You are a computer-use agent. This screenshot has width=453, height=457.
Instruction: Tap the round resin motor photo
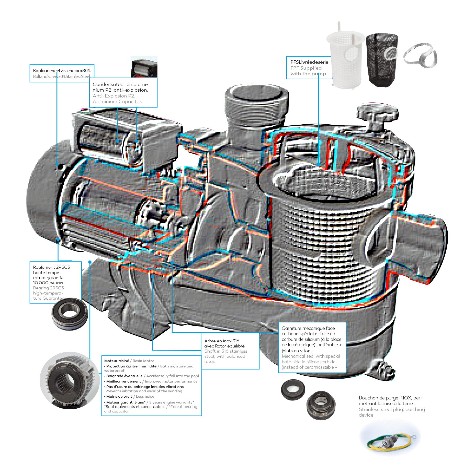tap(70, 380)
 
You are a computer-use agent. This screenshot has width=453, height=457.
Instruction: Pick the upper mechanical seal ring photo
tap(293, 389)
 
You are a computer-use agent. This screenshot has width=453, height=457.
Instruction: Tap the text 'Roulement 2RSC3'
tap(51, 267)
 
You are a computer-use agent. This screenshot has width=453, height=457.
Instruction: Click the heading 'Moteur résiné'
tap(117, 361)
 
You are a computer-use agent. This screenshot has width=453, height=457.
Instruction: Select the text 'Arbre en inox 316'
tap(222, 341)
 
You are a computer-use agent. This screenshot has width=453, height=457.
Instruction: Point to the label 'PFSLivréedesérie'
tap(309, 62)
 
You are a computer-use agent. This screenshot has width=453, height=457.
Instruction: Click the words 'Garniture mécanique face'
tap(308, 328)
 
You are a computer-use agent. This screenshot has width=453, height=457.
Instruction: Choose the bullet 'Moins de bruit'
tap(119, 396)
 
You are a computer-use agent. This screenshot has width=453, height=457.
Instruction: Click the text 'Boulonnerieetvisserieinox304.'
tap(62, 70)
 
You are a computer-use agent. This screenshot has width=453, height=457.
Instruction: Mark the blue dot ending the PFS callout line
tap(319, 164)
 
